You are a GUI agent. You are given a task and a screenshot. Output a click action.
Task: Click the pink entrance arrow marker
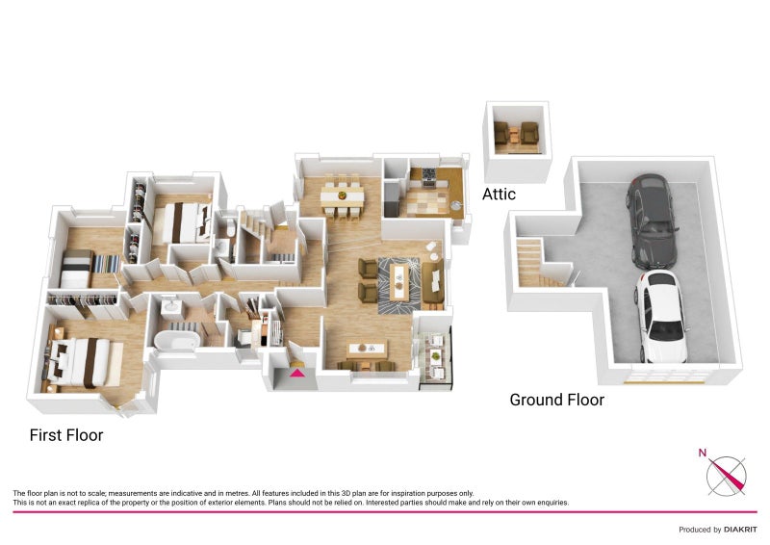(296, 373)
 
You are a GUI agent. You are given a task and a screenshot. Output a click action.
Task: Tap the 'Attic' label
(499, 195)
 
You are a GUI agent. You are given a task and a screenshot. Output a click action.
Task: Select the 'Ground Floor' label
(557, 400)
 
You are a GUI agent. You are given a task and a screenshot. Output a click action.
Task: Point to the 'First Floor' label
(66, 435)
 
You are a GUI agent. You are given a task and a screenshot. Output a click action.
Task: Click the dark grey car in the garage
(652, 221)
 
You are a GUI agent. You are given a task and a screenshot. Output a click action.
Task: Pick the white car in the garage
(660, 317)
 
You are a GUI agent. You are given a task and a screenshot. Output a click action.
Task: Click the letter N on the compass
(703, 453)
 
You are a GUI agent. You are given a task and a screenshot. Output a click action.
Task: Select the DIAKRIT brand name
(740, 530)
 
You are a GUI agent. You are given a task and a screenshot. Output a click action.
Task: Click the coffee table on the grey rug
(399, 282)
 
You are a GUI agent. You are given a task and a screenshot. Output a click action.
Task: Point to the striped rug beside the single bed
(106, 264)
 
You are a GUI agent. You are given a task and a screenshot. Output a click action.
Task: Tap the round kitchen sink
(456, 205)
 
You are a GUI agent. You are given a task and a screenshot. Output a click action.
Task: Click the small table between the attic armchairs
(515, 134)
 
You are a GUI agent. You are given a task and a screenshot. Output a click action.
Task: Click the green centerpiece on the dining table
(342, 195)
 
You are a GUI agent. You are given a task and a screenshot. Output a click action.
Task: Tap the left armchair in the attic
(501, 133)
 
